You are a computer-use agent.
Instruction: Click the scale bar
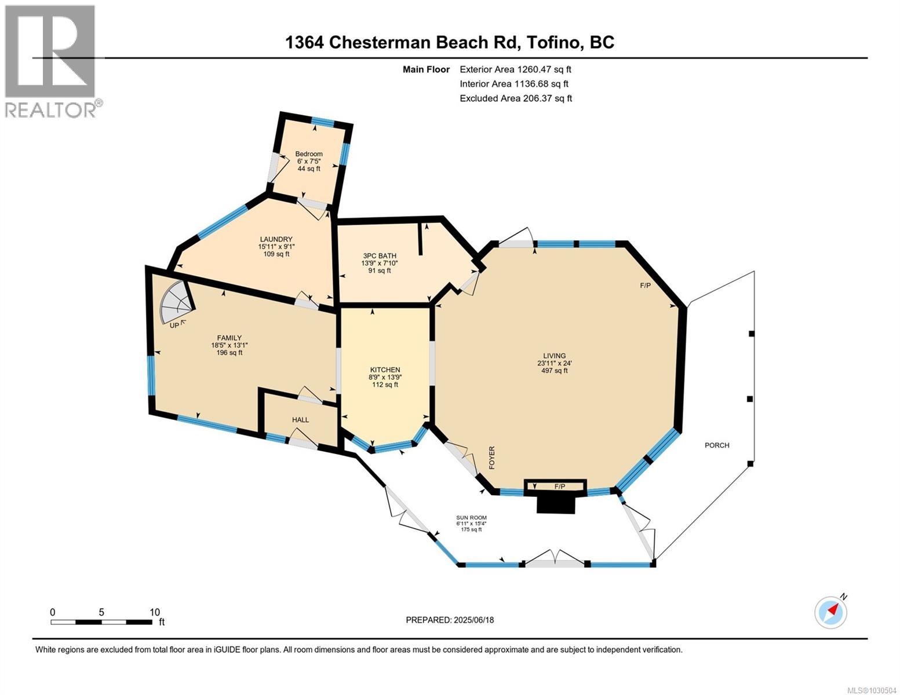tap(101, 622)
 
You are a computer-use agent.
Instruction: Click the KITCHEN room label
tap(385, 370)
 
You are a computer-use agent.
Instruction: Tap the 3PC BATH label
tap(380, 255)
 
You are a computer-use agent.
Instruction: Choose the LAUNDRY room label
tap(276, 239)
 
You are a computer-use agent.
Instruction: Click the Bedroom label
tap(309, 154)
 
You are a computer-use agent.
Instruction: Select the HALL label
tap(300, 419)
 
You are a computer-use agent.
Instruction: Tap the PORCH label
tap(717, 445)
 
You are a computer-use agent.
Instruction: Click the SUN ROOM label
tap(471, 518)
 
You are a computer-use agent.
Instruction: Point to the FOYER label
tap(492, 458)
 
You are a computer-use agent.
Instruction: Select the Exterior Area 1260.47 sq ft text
tap(515, 69)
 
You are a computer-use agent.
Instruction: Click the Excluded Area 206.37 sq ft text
tap(515, 98)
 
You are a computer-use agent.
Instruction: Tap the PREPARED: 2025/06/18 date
tap(450, 620)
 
